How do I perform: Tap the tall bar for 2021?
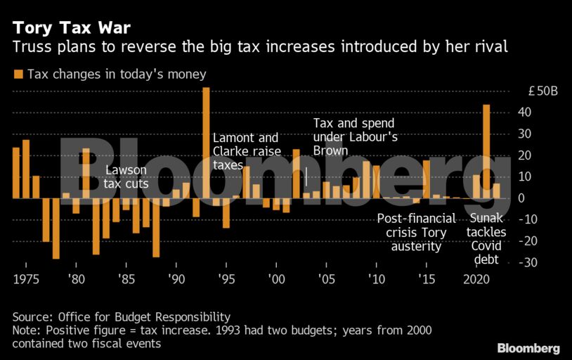[486, 151]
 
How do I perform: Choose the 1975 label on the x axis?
[25, 278]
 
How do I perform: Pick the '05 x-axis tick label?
[326, 278]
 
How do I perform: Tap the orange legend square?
[18, 74]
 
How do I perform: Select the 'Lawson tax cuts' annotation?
[126, 177]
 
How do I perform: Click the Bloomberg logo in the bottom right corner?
[528, 348]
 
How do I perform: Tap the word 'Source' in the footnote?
[31, 316]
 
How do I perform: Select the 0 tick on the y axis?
[521, 198]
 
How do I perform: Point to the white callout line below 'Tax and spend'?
[306, 176]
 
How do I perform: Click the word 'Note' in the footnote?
[25, 330]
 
